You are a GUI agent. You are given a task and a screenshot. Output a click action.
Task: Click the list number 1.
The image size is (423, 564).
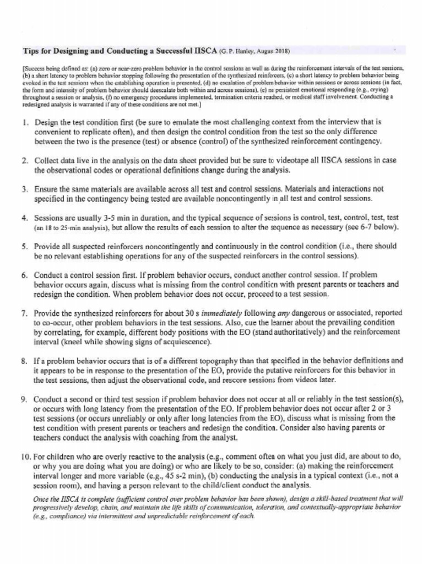tap(25, 122)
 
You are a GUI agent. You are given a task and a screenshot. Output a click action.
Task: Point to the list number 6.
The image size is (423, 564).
tap(25, 275)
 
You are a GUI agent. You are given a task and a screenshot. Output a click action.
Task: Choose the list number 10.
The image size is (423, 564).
tap(25, 457)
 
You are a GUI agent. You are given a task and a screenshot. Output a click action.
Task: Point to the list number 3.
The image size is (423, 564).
tap(25, 189)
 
